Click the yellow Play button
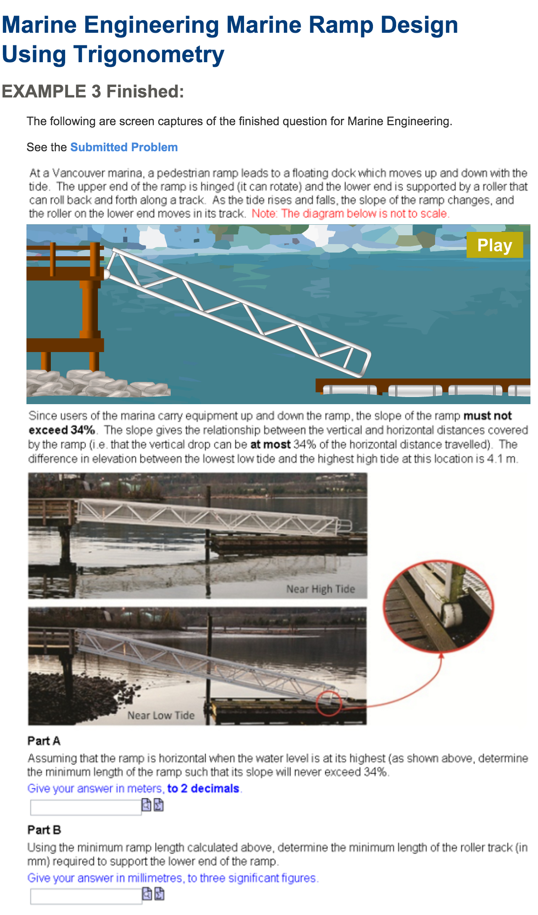pos(495,245)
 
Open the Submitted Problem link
pos(124,147)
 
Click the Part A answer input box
pos(86,807)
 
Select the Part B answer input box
pos(86,896)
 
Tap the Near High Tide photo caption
pos(320,589)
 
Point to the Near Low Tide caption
pos(161,715)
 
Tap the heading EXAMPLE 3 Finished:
pos(93,91)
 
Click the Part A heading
pos(44,741)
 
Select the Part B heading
pos(44,830)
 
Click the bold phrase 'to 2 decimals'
pos(203,789)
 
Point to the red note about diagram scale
pos(351,213)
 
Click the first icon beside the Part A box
pos(146,805)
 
